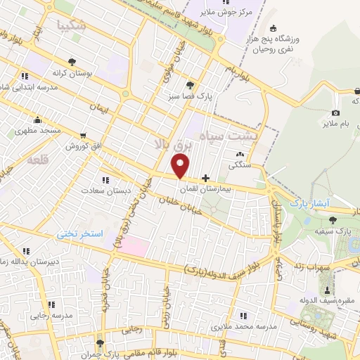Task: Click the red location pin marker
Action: pyautogui.click(x=181, y=167)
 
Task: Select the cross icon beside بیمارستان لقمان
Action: pyautogui.click(x=205, y=179)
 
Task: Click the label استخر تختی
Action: pyautogui.click(x=80, y=232)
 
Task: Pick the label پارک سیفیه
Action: pyautogui.click(x=334, y=230)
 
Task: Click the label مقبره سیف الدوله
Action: pyautogui.click(x=326, y=302)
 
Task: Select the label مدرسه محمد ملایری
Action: pyautogui.click(x=264, y=328)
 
